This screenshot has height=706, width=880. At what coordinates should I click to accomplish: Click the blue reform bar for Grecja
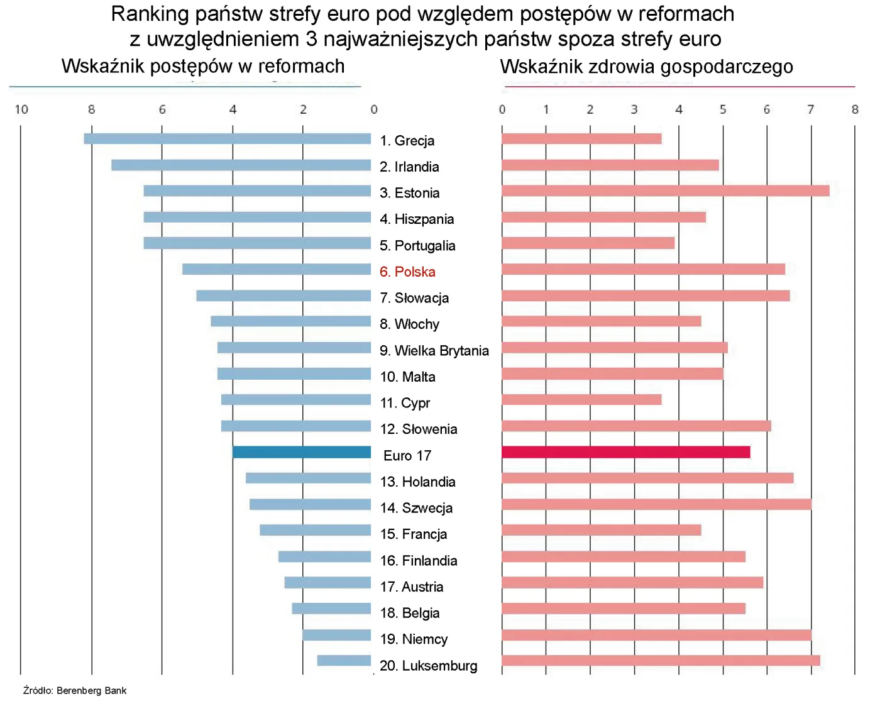coord(227,138)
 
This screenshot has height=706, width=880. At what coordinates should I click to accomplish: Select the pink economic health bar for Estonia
coord(665,190)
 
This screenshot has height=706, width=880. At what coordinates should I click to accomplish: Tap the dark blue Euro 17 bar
coord(302,452)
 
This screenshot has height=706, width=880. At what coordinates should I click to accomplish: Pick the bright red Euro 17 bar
coord(625,452)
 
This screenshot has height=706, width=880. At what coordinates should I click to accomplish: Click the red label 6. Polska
coord(407,272)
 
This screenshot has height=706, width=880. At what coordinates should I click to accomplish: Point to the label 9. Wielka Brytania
coord(434,350)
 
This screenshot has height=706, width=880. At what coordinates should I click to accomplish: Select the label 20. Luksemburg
coord(428,665)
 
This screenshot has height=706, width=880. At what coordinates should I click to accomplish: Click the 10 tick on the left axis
coord(21,109)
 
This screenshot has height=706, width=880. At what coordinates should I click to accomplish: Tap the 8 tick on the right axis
coord(854,109)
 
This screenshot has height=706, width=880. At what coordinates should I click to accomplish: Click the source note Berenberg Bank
coord(75,690)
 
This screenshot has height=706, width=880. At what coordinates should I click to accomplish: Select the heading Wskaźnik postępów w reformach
coord(203,66)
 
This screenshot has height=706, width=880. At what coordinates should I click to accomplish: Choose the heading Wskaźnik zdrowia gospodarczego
coord(646,66)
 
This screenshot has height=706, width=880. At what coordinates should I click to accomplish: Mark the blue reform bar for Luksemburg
coord(344,660)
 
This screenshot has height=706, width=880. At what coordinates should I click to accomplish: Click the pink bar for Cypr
coord(581,399)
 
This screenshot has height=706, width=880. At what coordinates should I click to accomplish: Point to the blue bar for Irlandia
coord(241,165)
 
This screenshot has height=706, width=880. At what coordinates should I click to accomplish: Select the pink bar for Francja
coord(601,530)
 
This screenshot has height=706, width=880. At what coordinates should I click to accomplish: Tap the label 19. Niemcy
coord(414,639)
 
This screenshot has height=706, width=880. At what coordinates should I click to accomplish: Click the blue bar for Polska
coord(277,269)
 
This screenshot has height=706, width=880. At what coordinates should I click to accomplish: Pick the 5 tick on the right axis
coord(722,109)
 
